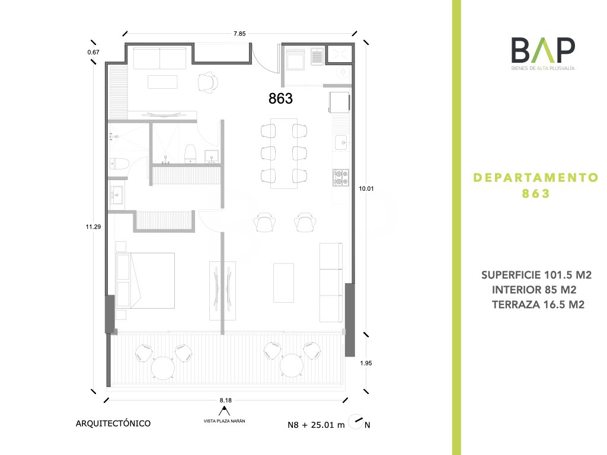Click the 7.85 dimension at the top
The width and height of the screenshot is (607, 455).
coord(239,34)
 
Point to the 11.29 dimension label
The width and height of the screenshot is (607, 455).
coord(93,227)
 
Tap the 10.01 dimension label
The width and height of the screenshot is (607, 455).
coord(366,189)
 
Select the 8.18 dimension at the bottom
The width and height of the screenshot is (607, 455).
coord(226,400)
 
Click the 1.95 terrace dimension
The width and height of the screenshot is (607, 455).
coord(366,363)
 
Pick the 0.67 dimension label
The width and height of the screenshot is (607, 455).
coord(93,52)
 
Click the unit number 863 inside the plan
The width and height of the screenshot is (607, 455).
coord(280,99)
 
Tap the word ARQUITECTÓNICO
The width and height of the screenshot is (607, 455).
coord(113,423)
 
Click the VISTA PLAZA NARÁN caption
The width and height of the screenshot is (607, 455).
coord(225,421)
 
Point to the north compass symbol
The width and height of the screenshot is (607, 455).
coord(356,421)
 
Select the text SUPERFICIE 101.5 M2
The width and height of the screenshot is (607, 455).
coord(536,275)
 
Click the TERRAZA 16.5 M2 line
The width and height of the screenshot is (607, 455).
coord(538,305)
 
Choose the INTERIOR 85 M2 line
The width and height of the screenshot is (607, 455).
coord(534,290)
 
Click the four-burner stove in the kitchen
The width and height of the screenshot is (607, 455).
coord(341,178)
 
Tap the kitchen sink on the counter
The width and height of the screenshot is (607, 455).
coord(341,142)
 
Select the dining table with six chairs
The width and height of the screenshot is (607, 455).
coord(284,153)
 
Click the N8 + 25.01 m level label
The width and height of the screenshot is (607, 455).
coord(316,425)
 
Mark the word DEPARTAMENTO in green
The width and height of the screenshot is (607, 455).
coord(536,178)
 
